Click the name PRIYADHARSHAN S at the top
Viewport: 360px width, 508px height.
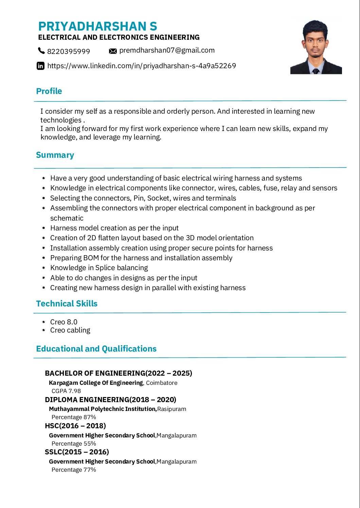(x=97, y=26)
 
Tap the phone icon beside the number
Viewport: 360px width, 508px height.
(x=41, y=51)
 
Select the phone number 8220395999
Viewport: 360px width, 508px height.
(x=69, y=51)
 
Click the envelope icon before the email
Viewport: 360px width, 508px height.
(x=113, y=51)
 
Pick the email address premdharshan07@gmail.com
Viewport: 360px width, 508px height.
(x=167, y=50)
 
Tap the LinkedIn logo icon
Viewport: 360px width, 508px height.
(x=40, y=66)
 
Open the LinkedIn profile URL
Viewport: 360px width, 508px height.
(x=142, y=66)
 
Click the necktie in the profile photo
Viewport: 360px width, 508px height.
(x=316, y=71)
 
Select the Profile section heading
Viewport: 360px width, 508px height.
(x=49, y=91)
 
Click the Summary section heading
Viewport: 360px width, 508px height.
(x=55, y=155)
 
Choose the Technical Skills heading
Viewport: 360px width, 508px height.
(x=67, y=303)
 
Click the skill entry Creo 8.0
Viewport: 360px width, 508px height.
(x=64, y=322)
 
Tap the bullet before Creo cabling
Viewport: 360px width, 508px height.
(x=44, y=330)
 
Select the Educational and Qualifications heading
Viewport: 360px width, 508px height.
(x=96, y=349)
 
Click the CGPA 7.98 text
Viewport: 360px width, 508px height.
(x=66, y=391)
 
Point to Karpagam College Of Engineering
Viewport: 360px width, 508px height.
(x=96, y=383)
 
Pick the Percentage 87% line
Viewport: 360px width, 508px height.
(x=74, y=417)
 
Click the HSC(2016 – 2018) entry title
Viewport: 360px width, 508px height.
(x=75, y=426)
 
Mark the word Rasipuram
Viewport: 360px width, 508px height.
(x=172, y=409)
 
